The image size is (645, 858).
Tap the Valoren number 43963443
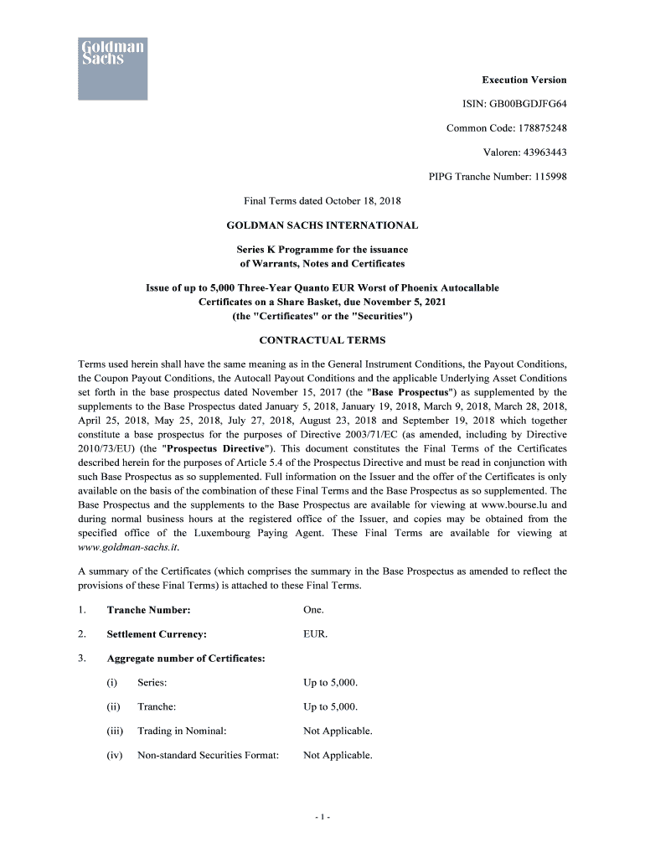point(537,152)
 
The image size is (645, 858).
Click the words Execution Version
point(524,80)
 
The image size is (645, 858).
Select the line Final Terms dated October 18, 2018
point(322,201)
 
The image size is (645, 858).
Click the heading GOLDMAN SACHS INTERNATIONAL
point(322,225)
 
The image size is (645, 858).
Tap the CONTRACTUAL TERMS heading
point(322,340)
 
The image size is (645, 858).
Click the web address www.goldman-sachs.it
point(128,546)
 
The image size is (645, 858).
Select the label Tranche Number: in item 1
point(148,610)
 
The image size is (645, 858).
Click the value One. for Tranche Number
point(313,610)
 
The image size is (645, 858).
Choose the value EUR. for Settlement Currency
point(315,634)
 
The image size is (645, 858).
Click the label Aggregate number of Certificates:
point(186,658)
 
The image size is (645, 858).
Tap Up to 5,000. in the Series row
point(330,683)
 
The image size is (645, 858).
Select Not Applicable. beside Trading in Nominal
point(338,731)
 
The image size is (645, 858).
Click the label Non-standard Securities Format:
point(208,755)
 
